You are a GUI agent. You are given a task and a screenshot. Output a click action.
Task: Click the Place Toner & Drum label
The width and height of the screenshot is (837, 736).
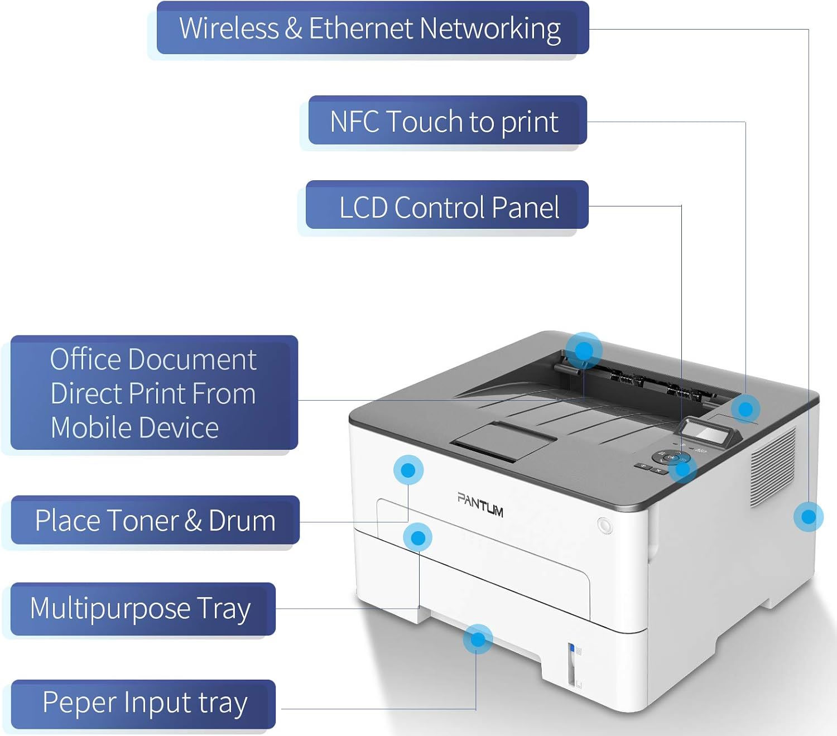pos(155,520)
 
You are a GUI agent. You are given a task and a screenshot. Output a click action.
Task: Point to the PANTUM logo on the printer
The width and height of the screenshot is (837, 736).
pos(480,504)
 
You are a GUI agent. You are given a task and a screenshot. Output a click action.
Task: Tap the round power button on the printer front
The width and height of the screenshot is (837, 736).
pos(604,525)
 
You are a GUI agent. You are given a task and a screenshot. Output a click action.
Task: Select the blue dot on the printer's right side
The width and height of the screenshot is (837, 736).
pos(808,516)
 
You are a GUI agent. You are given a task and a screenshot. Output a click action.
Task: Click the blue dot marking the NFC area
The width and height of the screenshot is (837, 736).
pos(745,409)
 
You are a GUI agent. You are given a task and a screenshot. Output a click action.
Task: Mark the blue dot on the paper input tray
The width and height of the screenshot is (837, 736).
pos(478,639)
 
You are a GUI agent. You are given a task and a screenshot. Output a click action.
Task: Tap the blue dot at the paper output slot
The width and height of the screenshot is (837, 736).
pos(584,350)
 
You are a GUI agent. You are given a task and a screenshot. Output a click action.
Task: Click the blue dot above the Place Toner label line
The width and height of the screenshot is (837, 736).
pos(408,470)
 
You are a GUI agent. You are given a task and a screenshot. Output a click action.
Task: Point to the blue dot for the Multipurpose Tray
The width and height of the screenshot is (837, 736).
pos(418,537)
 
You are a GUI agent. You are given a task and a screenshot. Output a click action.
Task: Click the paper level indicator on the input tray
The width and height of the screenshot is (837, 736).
pos(571,663)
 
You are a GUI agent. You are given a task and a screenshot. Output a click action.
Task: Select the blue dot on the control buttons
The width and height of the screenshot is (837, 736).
pos(682,469)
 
